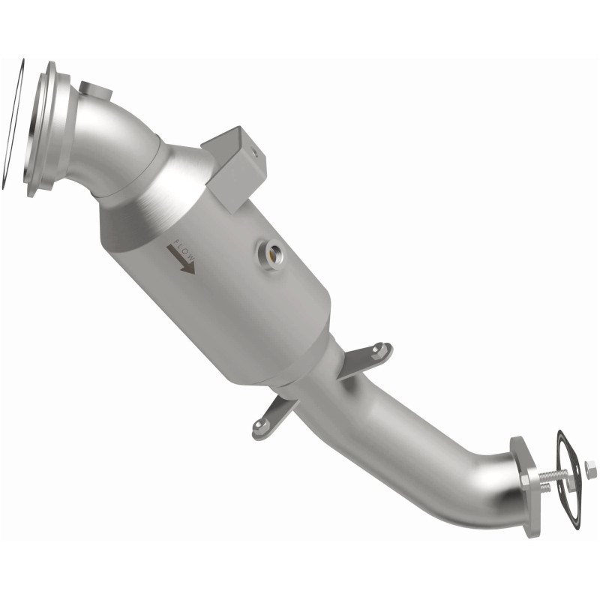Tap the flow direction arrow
tap(179, 261)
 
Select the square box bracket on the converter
tap(235, 165)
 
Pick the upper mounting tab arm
tap(366, 358)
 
